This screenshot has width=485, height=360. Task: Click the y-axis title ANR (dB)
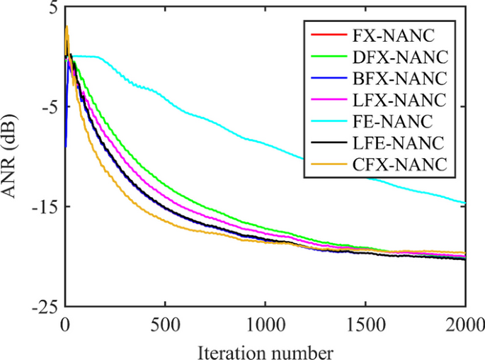tap(15, 157)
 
